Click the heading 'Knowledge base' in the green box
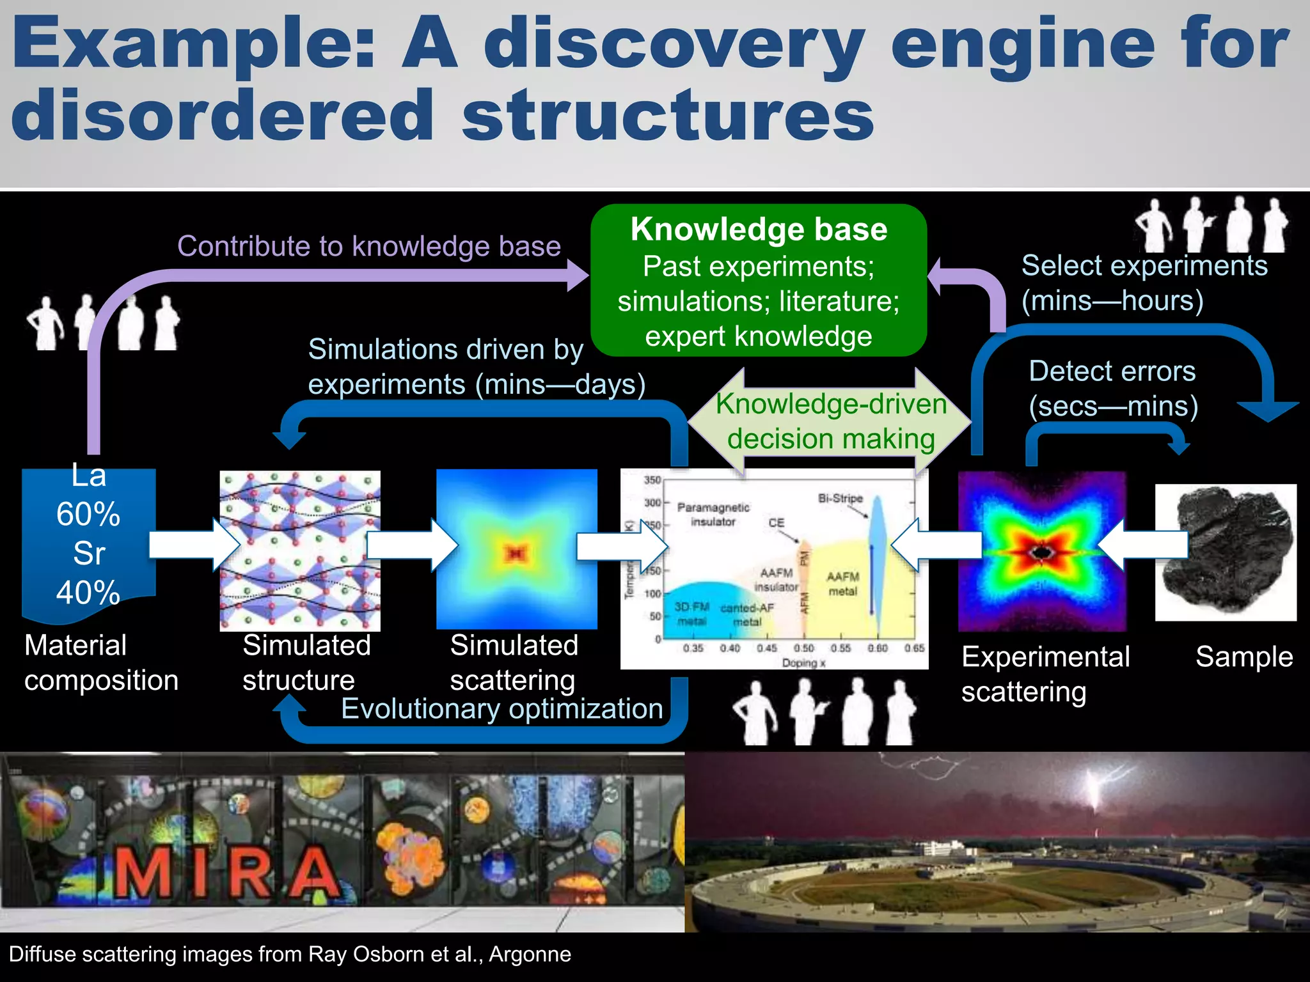point(759,230)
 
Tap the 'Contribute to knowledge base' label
point(368,246)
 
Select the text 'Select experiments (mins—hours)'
point(1144,283)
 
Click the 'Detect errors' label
point(1112,371)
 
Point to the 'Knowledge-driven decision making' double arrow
point(830,421)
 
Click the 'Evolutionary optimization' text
point(501,709)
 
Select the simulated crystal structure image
point(299,550)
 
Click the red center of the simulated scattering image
point(516,552)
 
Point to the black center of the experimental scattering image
point(1041,552)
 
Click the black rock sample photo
point(1225,551)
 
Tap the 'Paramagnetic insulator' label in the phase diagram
point(713,514)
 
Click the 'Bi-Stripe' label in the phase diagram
point(840,498)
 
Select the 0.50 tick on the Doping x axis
point(803,648)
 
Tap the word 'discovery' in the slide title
point(674,45)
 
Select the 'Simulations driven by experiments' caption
point(477,367)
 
